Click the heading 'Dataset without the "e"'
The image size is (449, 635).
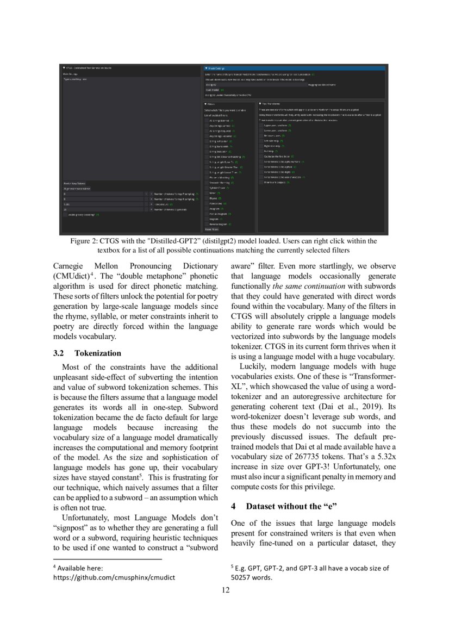coord(292,506)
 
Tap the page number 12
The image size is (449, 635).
coord(225,591)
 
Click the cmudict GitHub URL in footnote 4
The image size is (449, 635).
coord(114,577)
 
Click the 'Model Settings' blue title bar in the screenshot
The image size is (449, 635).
coord(294,68)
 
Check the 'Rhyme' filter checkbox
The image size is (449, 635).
coord(207,198)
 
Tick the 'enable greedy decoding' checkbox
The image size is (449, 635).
coord(65,215)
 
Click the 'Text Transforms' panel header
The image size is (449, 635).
coord(321,103)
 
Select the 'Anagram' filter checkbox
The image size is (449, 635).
coord(207,209)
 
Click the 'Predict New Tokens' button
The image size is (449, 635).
coord(74,184)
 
